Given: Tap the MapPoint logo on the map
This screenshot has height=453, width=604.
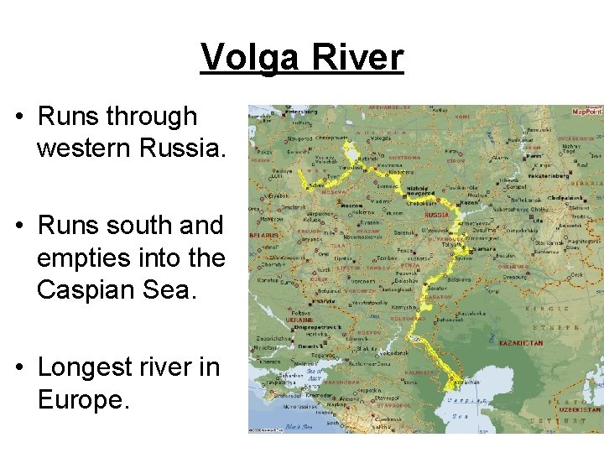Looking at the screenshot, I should pyautogui.click(x=586, y=111).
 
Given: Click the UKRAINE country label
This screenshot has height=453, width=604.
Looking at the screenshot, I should pyautogui.click(x=299, y=320).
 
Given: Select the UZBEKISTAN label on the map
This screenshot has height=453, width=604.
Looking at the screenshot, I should pyautogui.click(x=581, y=409).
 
